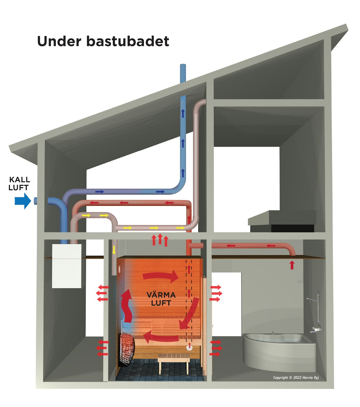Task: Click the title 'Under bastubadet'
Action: click(103, 41)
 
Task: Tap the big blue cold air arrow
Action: click(23, 201)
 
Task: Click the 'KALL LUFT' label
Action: click(19, 184)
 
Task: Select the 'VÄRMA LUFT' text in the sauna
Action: click(161, 299)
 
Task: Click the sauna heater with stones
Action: click(126, 348)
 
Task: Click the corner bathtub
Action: click(279, 350)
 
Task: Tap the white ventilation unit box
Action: click(66, 266)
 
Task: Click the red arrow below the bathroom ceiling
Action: click(292, 265)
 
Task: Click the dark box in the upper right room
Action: click(293, 228)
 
